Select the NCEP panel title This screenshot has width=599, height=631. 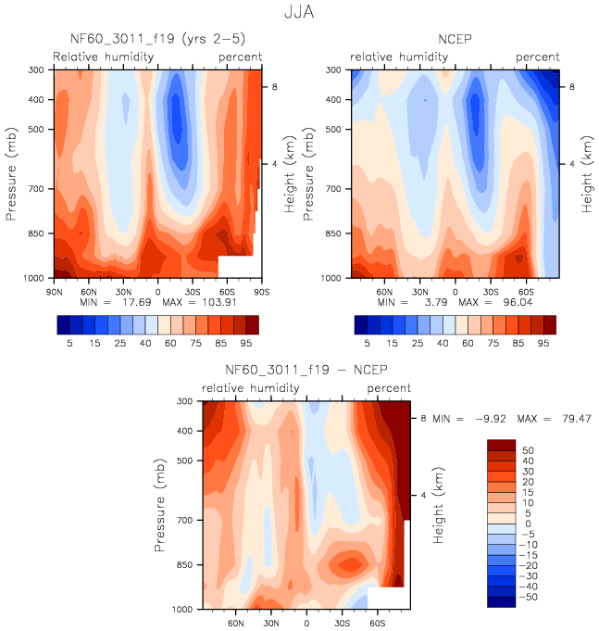click(455, 39)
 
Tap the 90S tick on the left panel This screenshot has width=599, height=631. click(262, 291)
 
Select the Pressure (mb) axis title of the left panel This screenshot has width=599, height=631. click(13, 173)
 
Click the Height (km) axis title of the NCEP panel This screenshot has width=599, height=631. click(587, 173)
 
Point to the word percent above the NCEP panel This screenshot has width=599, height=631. click(537, 57)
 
